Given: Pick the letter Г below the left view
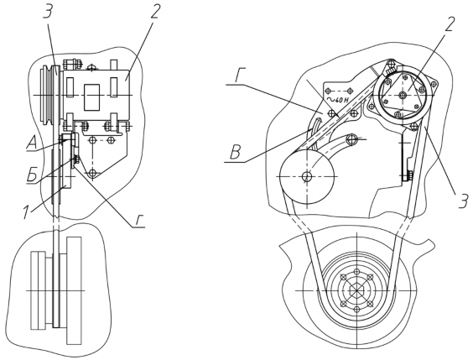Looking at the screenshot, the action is [x=139, y=221].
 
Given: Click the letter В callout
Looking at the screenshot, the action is [x=235, y=153].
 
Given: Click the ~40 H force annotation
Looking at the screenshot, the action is [x=335, y=100].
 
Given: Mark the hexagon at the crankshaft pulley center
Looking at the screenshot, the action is [x=356, y=290].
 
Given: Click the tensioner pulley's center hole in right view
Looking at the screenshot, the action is [x=307, y=176].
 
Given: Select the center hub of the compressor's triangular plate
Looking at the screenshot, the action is [x=402, y=95].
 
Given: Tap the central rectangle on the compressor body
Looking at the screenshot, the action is [x=91, y=97].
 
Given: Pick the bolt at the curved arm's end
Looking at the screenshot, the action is [x=351, y=139].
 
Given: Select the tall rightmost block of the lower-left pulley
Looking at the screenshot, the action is [x=74, y=290].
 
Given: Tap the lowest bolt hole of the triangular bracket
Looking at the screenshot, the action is [x=92, y=173].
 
